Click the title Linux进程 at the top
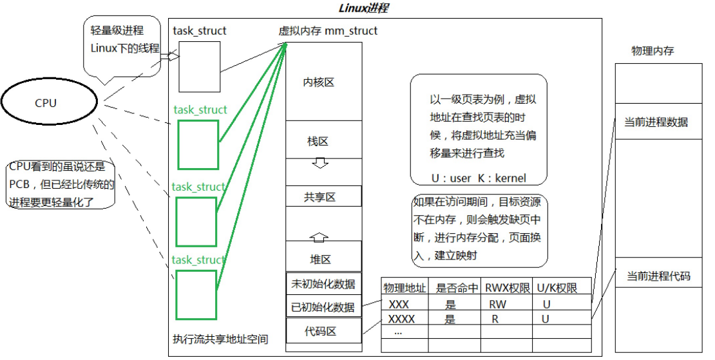pos(363,8)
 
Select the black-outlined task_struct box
pos(195,66)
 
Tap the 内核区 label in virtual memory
pos(319,82)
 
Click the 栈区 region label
pos(319,141)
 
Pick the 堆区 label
pos(320,260)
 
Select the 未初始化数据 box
pos(323,283)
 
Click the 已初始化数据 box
pos(323,307)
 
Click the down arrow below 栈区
pos(319,164)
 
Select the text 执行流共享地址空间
pos(220,339)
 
